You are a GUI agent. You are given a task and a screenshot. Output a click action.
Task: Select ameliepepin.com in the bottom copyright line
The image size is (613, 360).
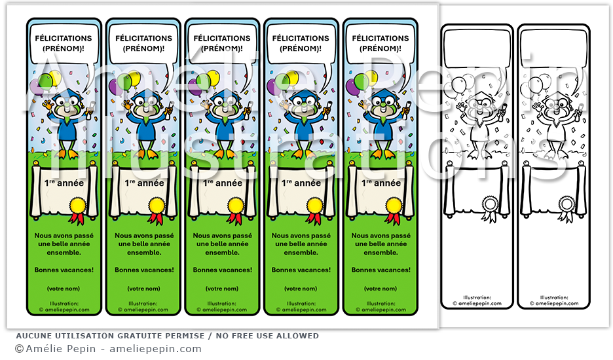point(155,350)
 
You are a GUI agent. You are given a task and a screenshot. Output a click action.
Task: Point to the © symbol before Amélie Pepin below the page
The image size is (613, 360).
point(19,350)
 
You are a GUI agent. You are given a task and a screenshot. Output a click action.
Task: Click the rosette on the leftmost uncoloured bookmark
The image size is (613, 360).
point(489,205)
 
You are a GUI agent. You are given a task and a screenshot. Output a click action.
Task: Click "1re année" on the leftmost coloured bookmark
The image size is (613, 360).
point(64,183)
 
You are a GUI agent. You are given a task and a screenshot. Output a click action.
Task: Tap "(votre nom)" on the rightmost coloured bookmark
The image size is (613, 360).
point(381,289)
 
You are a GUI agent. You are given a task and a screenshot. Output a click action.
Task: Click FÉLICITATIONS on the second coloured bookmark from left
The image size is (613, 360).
point(143,38)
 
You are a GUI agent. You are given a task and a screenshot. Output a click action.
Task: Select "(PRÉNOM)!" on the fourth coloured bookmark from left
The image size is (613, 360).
point(301,48)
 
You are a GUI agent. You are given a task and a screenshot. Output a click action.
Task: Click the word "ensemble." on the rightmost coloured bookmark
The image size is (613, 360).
point(381,251)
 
